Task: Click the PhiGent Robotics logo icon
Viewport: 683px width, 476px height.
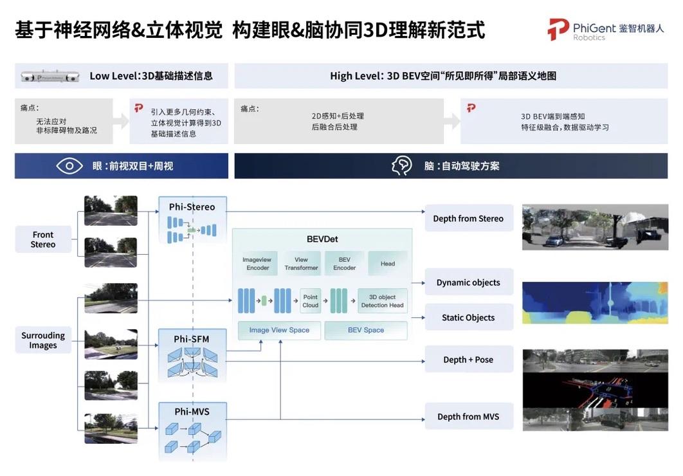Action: [x=558, y=30]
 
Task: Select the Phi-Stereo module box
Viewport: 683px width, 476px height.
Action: [x=192, y=220]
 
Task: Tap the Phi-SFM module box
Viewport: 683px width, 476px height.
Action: [x=192, y=355]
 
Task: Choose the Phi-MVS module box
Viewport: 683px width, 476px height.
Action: [x=192, y=431]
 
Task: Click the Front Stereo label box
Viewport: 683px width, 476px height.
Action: [x=43, y=239]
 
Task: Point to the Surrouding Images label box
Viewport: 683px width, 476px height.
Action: [x=43, y=340]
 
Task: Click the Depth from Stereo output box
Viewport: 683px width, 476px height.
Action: [x=469, y=218]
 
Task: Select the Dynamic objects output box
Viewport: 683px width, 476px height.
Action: [x=469, y=282]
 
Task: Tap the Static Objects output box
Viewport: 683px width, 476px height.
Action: [x=469, y=318]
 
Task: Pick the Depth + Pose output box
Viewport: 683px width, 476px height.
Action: [x=469, y=360]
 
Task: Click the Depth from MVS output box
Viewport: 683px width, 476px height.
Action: [x=469, y=416]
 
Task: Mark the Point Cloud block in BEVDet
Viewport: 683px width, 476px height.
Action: [x=311, y=301]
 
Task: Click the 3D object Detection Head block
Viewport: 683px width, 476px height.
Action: [x=383, y=301]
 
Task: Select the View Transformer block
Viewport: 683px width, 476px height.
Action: [x=302, y=264]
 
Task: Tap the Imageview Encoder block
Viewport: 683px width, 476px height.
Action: [x=257, y=264]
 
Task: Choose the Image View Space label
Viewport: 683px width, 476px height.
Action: [x=279, y=330]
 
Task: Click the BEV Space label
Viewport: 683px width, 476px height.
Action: [x=366, y=330]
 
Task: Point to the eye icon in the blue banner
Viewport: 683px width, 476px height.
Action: [x=69, y=166]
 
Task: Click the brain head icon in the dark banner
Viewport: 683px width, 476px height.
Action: [x=401, y=166]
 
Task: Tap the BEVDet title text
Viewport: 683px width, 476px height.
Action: [x=322, y=239]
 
